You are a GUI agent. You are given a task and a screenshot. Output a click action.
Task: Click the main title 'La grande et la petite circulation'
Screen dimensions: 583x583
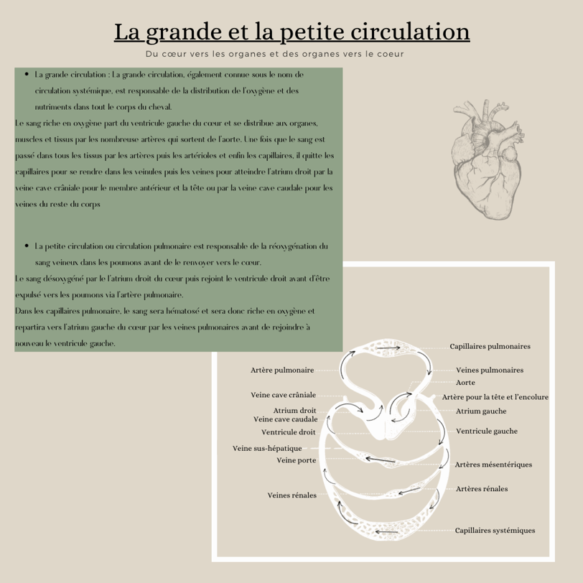291,32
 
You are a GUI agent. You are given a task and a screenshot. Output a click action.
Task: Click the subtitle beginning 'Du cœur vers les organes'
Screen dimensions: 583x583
274,54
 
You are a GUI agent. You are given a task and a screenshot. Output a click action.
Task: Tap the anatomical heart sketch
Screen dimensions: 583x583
485,157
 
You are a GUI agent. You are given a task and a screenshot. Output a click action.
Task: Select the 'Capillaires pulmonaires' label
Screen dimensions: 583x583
490,346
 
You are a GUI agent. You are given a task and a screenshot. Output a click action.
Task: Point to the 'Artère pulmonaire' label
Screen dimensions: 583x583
282,370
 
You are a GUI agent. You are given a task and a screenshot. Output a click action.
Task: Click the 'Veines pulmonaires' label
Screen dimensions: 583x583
490,370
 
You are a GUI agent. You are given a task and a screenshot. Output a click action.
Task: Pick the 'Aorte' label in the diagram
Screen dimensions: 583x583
465,383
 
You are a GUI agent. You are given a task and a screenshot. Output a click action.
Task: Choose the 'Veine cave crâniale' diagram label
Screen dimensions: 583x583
283,395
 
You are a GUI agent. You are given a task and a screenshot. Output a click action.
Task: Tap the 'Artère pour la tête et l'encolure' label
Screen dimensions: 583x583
495,397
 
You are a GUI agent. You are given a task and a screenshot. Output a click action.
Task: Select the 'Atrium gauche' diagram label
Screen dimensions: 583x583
481,411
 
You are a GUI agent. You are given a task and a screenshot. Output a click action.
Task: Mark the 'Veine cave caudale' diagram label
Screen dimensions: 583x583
285,419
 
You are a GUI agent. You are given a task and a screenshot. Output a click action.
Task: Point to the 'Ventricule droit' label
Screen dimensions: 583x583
288,432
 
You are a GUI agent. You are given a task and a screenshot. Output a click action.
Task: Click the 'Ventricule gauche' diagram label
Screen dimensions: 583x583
486,432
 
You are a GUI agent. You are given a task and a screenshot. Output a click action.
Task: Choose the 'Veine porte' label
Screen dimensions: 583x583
297,460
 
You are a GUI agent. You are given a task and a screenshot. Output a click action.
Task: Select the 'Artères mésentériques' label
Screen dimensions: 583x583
493,465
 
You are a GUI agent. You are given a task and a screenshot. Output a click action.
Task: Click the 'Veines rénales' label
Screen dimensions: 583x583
291,495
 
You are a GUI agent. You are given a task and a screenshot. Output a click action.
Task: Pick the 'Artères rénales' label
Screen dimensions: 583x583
482,489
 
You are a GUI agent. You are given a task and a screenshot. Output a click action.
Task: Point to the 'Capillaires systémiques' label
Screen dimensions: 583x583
495,531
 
